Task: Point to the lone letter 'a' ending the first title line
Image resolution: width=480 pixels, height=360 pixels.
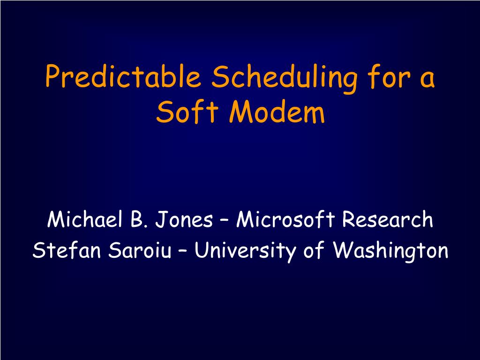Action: pyautogui.click(x=427, y=79)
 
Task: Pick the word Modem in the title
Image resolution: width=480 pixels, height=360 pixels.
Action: pyautogui.click(x=277, y=112)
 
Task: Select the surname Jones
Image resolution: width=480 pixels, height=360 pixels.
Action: pyautogui.click(x=181, y=219)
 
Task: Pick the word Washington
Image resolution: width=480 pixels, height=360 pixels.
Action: pyautogui.click(x=390, y=250)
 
